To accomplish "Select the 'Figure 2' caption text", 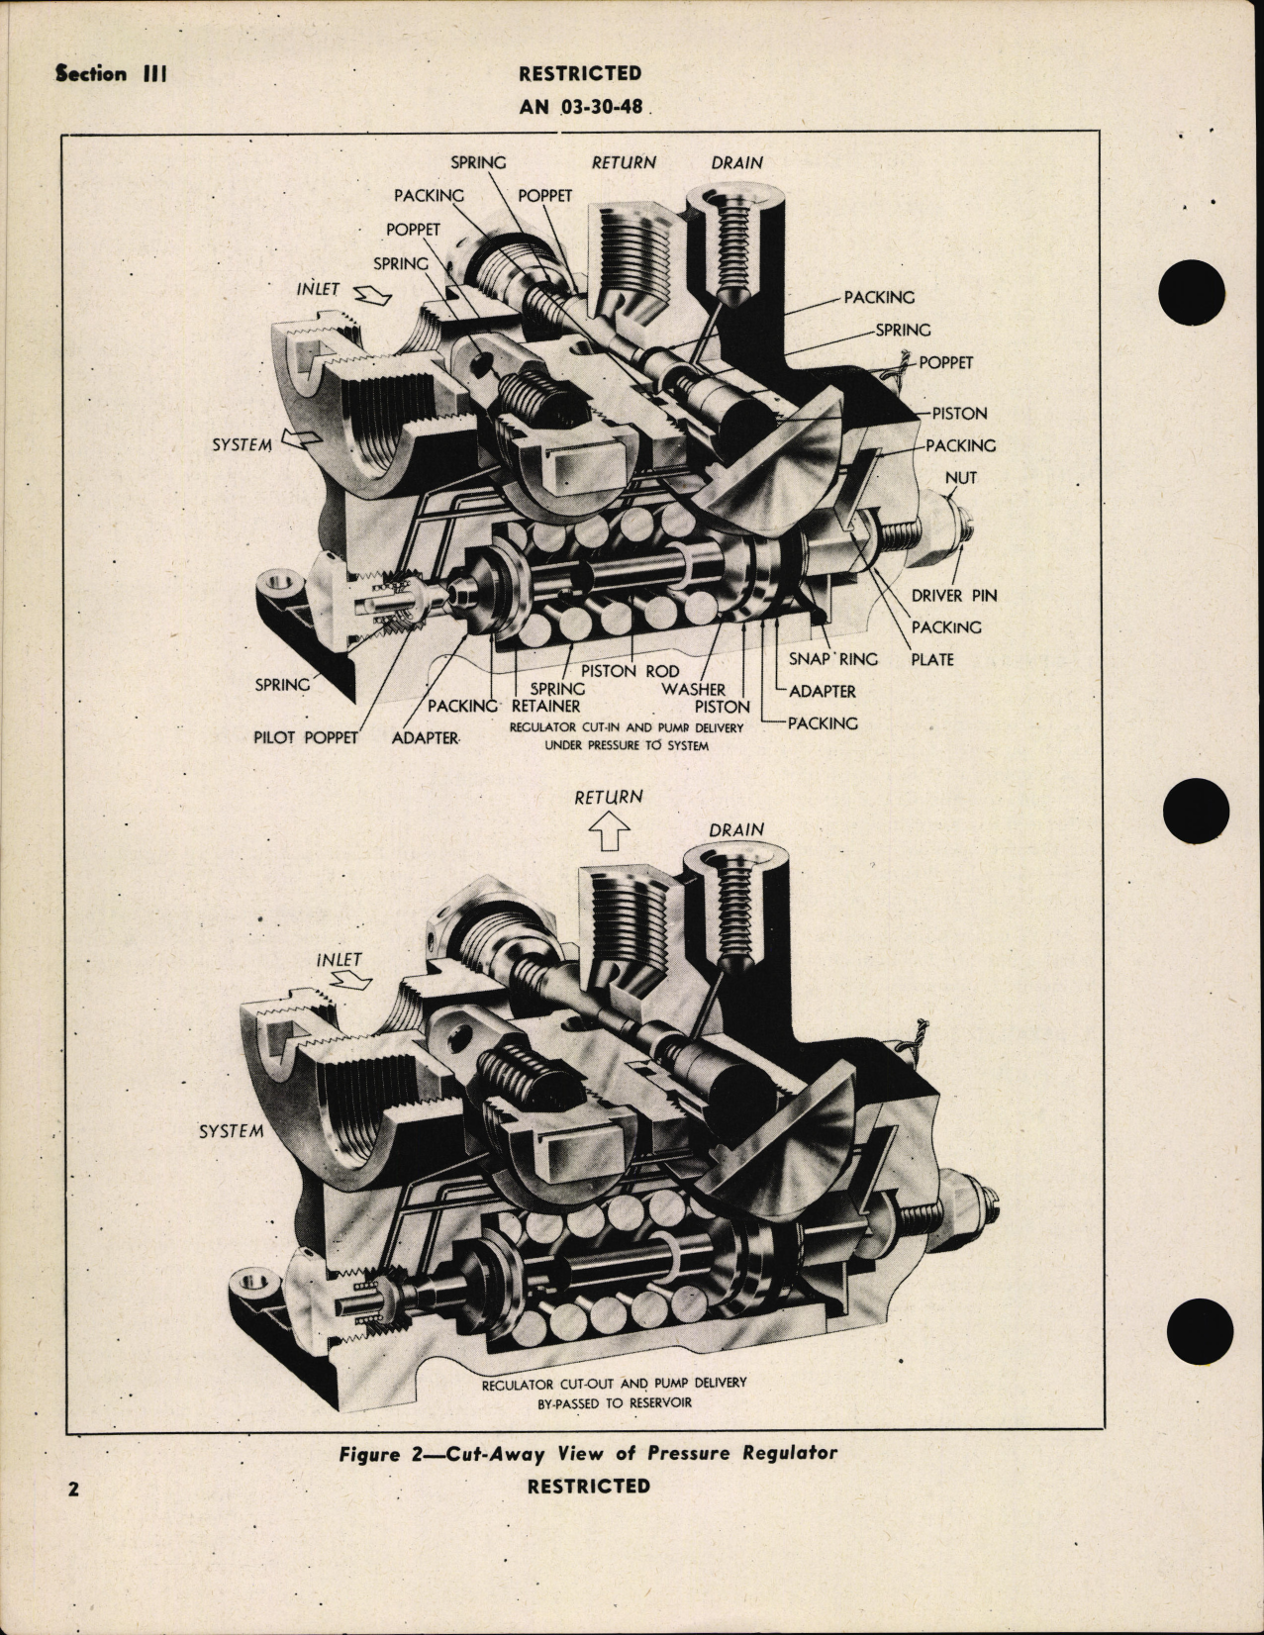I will click(588, 1453).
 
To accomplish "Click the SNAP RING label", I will click(833, 658).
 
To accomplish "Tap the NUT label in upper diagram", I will click(959, 477).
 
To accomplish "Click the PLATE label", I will click(931, 658).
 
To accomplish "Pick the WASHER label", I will click(694, 688).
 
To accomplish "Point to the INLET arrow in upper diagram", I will click(375, 295).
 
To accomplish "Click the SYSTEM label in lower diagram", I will click(231, 1130).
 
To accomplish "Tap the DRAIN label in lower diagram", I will click(735, 829).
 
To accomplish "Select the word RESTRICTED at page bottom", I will click(588, 1486).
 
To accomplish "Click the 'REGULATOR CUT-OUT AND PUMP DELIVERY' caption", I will click(614, 1383).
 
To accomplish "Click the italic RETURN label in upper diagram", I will click(624, 162).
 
